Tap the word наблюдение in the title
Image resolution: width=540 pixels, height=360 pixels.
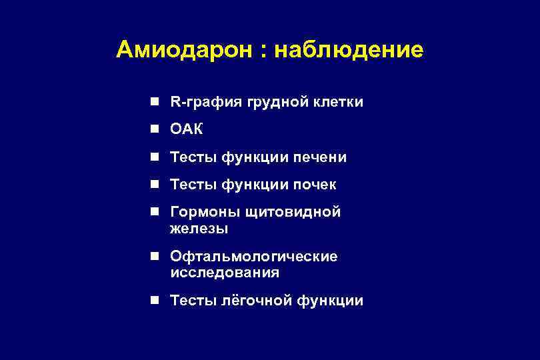[348, 50]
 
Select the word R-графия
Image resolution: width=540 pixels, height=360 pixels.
[206, 103]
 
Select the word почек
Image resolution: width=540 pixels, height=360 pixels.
[312, 184]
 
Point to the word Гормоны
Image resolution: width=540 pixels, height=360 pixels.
[205, 212]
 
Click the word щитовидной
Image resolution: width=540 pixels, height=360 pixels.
[293, 212]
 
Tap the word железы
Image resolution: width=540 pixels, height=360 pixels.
[199, 229]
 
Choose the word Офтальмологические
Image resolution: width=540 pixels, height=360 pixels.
[254, 257]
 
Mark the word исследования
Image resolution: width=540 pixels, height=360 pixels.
[225, 273]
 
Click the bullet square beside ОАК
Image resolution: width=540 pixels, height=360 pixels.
[154, 129]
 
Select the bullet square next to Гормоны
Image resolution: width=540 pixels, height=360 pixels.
[154, 212]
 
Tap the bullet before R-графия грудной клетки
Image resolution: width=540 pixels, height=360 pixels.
[154, 103]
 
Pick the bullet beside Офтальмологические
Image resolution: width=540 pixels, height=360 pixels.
[154, 257]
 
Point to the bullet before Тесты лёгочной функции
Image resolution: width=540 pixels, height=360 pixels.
[154, 301]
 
